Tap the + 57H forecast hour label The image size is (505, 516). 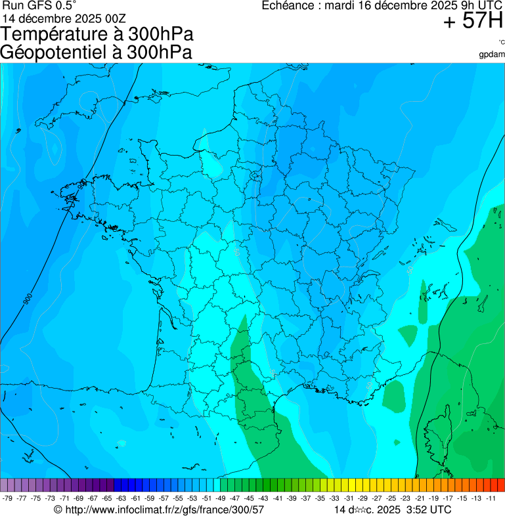click(x=473, y=21)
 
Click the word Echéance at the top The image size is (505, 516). click(x=288, y=6)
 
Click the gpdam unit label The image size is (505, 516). click(x=492, y=54)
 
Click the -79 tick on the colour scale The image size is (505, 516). click(x=8, y=498)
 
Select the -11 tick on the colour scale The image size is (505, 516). click(x=491, y=498)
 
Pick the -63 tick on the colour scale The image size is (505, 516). click(x=122, y=498)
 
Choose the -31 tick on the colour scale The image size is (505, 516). click(x=349, y=498)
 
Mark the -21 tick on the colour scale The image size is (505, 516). click(x=420, y=498)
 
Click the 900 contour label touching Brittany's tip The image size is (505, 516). click(x=81, y=186)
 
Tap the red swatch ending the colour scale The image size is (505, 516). click(x=500, y=485)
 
